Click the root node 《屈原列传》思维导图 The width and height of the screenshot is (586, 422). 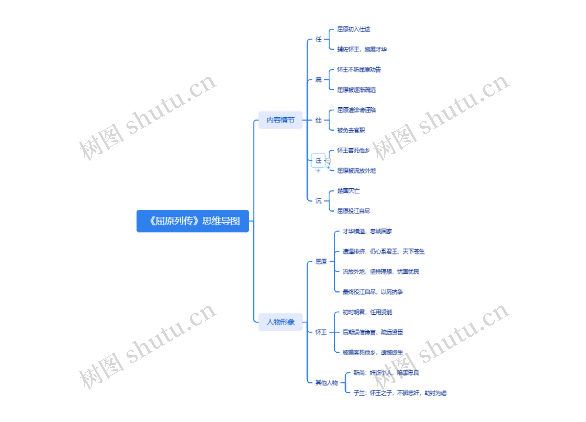coord(193,221)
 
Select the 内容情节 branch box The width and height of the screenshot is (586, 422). coord(280,120)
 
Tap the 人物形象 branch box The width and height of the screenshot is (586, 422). coord(280,322)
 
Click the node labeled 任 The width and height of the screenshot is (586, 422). coord(318,39)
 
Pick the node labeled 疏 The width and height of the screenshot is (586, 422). coord(318,80)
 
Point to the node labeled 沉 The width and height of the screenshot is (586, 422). coord(318,201)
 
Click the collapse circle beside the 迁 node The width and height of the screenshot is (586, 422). coord(328,161)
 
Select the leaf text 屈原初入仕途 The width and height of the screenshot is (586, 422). coord(353,29)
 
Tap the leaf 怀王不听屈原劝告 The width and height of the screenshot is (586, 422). coord(359,70)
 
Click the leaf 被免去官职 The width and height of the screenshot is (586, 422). coord(351,130)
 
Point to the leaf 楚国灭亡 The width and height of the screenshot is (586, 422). coord(348,191)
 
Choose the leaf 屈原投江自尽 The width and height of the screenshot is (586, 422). coord(353,211)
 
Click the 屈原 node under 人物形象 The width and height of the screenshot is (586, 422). coord(321,261)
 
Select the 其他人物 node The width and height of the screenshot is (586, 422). coord(327,383)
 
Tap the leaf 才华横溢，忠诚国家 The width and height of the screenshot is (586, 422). coord(367,231)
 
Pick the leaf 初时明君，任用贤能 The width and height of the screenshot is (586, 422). coord(367,312)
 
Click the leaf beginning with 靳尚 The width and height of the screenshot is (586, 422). coord(386,373)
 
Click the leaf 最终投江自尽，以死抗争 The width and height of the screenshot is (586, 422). coord(373,292)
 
